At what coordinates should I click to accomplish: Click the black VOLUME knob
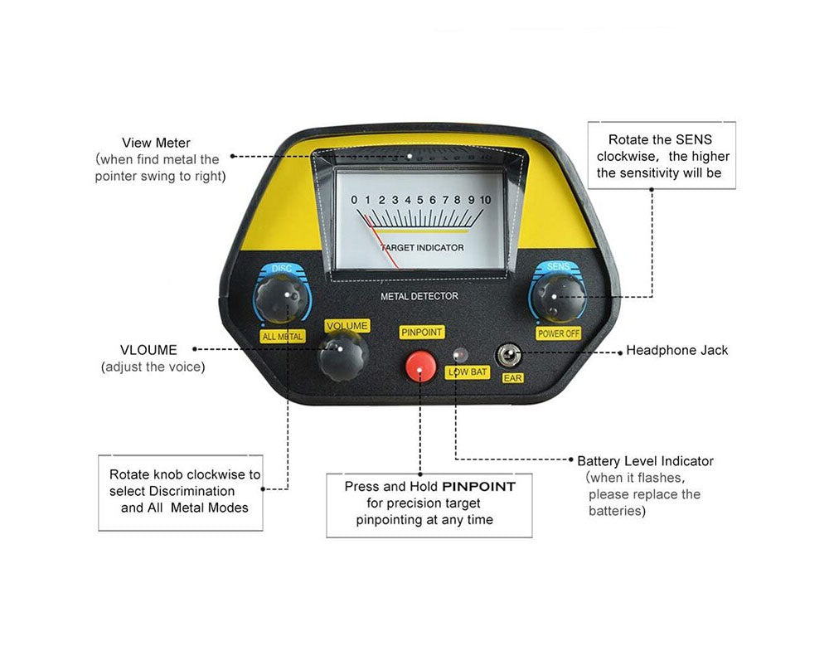[x=342, y=356]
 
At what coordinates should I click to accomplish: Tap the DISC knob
[x=281, y=299]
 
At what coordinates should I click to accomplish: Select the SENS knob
[x=557, y=298]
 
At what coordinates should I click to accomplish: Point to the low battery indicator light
[x=460, y=354]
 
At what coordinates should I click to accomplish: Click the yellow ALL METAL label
[x=283, y=336]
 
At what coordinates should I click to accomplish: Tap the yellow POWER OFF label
[x=559, y=333]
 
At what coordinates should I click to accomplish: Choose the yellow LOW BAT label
[x=468, y=372]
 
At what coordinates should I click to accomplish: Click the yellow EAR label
[x=512, y=377]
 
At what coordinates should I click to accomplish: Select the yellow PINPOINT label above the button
[x=421, y=332]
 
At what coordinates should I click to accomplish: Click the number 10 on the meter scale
[x=485, y=200]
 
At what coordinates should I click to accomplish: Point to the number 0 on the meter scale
[x=354, y=200]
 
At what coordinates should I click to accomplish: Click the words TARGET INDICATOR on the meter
[x=422, y=248]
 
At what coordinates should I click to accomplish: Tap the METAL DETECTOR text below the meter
[x=419, y=296]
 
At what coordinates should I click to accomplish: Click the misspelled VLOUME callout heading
[x=148, y=350]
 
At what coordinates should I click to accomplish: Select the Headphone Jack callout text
[x=676, y=350]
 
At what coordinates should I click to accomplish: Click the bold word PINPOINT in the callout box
[x=478, y=487]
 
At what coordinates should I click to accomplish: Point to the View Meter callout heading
[x=156, y=143]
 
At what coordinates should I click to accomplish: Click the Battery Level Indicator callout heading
[x=645, y=461]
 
